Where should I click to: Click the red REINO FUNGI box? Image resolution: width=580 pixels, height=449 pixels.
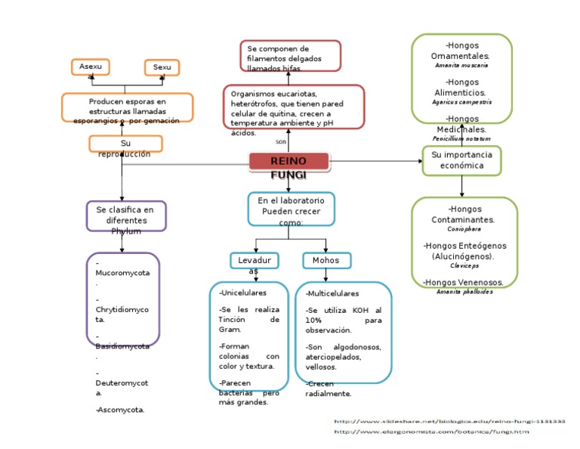[288, 161]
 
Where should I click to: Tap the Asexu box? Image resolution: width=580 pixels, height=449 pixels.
[91, 67]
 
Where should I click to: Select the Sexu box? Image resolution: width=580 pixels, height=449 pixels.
[162, 68]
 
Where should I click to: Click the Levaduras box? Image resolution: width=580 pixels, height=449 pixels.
[255, 261]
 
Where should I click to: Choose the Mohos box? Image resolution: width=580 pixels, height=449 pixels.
[326, 261]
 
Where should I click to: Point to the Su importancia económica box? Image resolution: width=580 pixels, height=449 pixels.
[461, 160]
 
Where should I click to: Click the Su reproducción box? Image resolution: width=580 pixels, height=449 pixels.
[125, 144]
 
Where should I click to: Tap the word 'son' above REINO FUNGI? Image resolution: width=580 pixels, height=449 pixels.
[281, 141]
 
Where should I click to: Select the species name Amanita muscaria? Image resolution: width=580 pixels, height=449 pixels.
[461, 66]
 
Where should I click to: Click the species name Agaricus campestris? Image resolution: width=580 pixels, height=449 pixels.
[461, 101]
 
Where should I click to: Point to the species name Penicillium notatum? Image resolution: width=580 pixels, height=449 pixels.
[461, 139]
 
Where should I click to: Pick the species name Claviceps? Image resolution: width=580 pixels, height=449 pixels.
[464, 266]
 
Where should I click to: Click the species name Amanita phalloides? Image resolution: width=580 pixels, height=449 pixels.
[464, 292]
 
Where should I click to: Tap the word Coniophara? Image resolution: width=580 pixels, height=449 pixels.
[464, 228]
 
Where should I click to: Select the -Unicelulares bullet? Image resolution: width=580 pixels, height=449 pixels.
[242, 292]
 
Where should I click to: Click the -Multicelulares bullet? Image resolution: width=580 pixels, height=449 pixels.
[332, 293]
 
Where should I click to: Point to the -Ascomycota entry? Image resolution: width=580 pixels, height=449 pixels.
[121, 410]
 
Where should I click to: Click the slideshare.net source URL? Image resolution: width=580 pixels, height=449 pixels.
[449, 421]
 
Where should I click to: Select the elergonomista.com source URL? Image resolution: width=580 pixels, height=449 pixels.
[431, 432]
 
